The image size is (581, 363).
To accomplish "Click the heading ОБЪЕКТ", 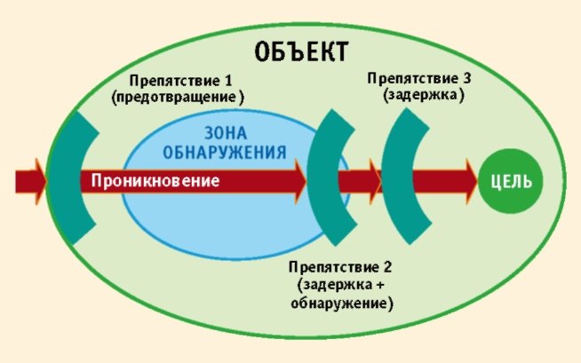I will (x=301, y=51).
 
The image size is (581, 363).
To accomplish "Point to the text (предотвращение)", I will (x=178, y=97).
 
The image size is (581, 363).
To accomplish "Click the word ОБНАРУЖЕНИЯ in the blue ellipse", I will (x=229, y=152).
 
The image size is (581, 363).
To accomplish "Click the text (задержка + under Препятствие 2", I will (x=341, y=285).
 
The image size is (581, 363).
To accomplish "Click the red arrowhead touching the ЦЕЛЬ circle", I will (x=467, y=181).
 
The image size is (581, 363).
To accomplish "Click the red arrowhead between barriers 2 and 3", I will (x=373, y=181).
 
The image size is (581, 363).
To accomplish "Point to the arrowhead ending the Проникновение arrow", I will (x=296, y=181).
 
